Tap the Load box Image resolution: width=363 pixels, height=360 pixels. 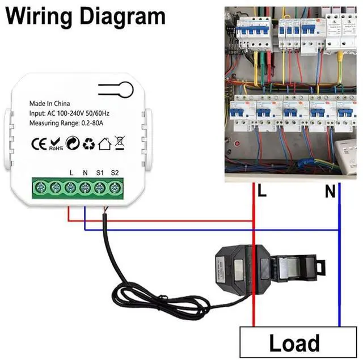click(298, 342)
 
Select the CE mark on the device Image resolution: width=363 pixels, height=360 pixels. click(39, 144)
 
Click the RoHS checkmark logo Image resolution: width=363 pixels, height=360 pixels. click(56, 144)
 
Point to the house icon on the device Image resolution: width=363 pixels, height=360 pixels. click(104, 143)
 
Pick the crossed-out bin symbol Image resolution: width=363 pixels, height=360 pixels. click(120, 143)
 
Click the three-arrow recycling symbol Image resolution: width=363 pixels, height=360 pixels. click(89, 143)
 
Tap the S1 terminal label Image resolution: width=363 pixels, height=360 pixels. click(100, 173)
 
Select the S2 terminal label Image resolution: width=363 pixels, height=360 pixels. click(115, 172)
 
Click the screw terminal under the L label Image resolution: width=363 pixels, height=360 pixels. click(70, 188)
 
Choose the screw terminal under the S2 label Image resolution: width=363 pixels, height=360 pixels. click(115, 188)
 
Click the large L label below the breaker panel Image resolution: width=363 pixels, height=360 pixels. click(262, 190)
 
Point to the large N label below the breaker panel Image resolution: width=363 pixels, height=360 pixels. click(330, 191)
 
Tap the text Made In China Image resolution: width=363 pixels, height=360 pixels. click(49, 103)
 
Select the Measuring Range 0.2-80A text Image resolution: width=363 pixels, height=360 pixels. click(66, 123)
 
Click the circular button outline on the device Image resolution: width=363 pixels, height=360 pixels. click(125, 90)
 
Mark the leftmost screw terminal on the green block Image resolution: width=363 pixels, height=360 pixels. click(41, 188)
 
